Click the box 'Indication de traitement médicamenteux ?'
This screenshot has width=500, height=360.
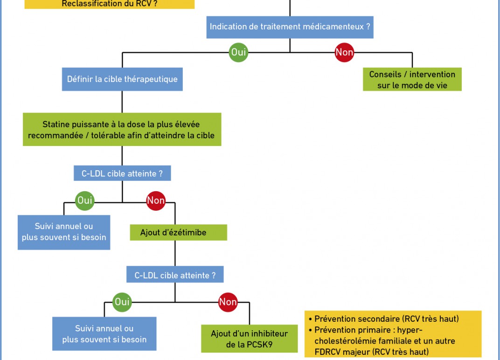click(x=290, y=27)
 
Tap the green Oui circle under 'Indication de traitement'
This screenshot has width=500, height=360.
click(x=238, y=52)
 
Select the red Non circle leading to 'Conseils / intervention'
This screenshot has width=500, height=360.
click(x=344, y=52)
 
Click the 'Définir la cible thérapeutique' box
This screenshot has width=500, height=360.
click(x=122, y=79)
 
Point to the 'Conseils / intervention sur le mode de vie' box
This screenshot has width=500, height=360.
click(x=412, y=79)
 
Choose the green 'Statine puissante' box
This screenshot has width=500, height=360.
click(x=122, y=130)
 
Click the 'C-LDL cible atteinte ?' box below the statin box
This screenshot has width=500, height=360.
click(x=122, y=173)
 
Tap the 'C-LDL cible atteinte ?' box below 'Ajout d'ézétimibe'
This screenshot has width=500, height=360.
click(x=175, y=275)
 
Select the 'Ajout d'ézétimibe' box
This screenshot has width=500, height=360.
click(x=179, y=232)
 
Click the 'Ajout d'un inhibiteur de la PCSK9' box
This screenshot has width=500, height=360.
click(x=250, y=339)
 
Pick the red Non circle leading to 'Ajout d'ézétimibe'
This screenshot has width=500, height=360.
click(x=156, y=201)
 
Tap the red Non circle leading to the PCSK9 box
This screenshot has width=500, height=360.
click(x=228, y=302)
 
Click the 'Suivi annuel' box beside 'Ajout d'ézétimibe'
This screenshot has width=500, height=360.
click(x=64, y=232)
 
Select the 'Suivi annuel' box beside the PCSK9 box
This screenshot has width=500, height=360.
click(x=104, y=333)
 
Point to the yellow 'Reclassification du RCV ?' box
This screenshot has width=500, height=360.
click(x=109, y=4)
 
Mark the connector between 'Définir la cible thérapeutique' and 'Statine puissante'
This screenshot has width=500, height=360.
click(x=122, y=102)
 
